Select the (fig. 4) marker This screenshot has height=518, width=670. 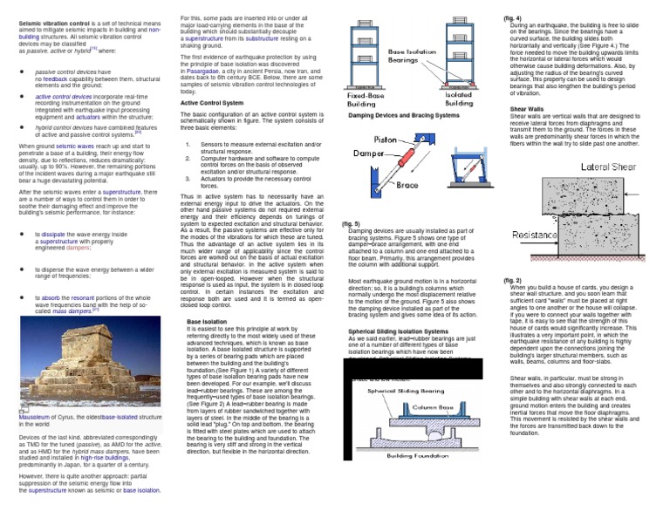(x=513, y=17)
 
